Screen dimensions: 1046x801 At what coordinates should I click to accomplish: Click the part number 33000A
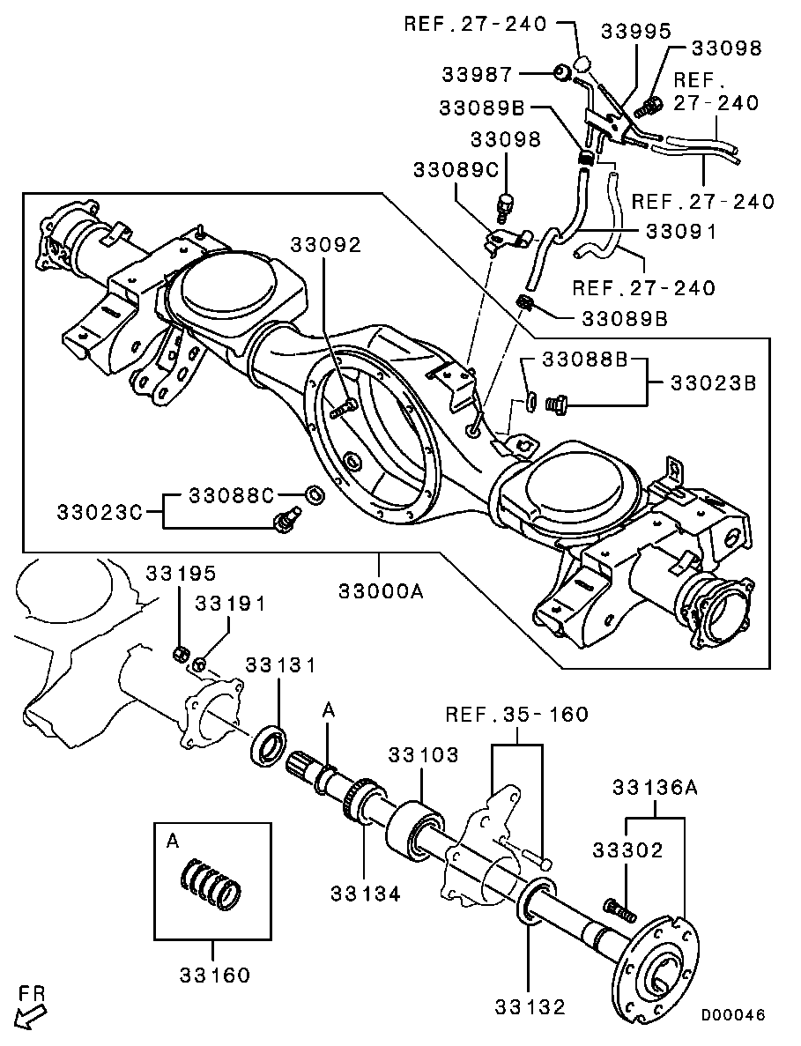(x=381, y=590)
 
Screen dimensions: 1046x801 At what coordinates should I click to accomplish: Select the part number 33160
(x=215, y=975)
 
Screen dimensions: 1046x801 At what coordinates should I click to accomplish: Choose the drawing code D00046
(x=733, y=1015)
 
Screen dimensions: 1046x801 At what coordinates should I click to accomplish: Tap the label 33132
(x=529, y=1006)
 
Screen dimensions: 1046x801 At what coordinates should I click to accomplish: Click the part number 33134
(x=366, y=894)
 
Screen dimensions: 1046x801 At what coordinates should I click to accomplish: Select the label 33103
(x=424, y=754)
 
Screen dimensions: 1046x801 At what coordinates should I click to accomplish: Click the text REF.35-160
(x=516, y=714)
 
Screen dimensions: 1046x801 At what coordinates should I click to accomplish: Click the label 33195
(x=180, y=574)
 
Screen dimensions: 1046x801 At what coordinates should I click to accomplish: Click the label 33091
(x=679, y=232)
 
